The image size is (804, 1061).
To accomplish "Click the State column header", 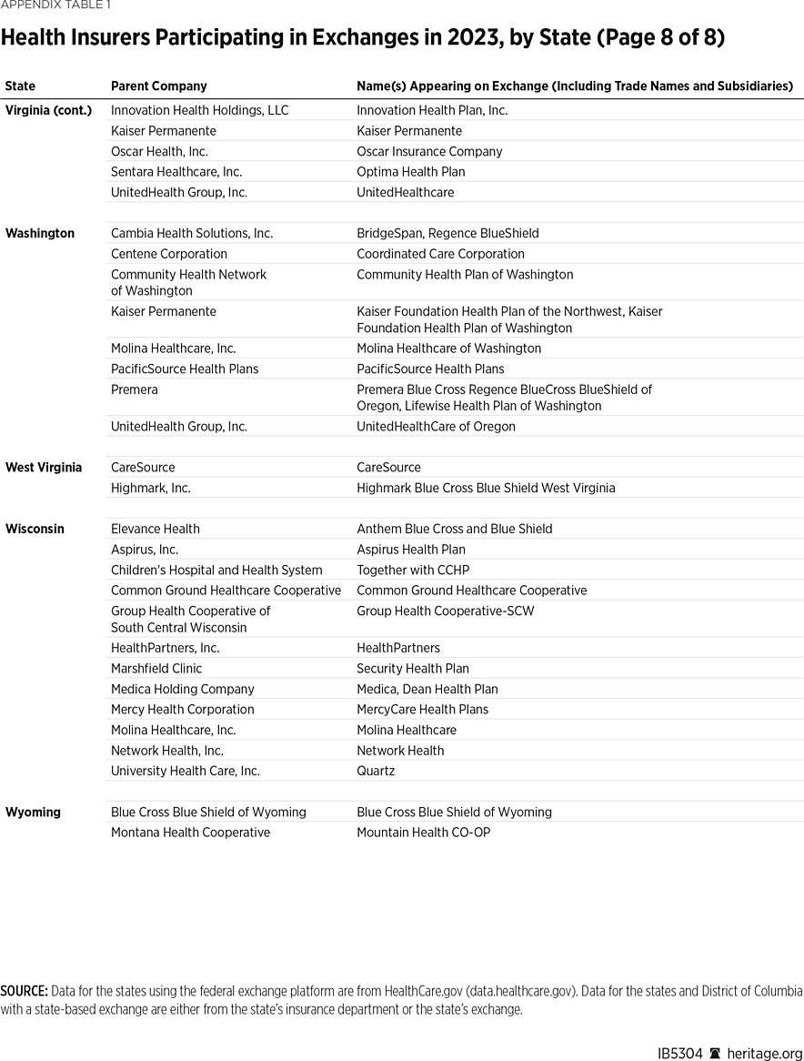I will click(20, 86).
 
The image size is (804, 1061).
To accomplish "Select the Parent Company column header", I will click(158, 86).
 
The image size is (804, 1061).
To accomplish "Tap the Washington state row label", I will click(40, 233).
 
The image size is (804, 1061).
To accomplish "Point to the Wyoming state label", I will click(33, 812).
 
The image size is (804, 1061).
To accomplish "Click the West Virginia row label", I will click(44, 467).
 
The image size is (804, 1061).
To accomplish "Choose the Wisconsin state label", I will click(35, 529).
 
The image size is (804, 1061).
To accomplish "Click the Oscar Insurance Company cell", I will click(429, 151).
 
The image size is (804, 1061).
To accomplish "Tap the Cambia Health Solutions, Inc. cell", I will click(192, 233).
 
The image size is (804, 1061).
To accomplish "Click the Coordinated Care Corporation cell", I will click(440, 254).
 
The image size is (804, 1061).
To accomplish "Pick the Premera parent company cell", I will click(135, 389).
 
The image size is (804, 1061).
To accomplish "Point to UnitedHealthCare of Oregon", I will click(436, 426).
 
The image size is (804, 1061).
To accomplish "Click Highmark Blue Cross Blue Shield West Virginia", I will click(486, 488).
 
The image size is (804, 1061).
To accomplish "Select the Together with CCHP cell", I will click(413, 570).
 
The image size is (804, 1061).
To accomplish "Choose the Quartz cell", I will click(376, 771).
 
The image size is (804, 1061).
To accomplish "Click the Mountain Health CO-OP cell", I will click(423, 832).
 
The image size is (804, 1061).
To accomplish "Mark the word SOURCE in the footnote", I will click(25, 990).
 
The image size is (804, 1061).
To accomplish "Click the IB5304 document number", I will click(679, 1053).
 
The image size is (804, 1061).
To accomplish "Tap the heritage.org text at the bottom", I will click(764, 1053).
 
